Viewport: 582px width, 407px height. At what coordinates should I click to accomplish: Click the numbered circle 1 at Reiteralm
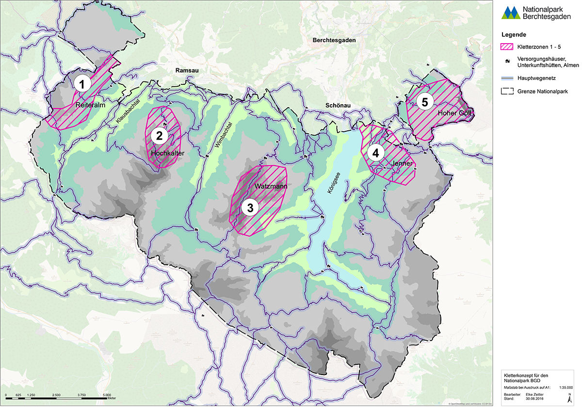point(82,83)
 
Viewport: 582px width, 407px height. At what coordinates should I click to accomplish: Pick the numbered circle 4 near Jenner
point(374,152)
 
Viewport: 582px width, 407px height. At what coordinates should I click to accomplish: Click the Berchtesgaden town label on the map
point(335,40)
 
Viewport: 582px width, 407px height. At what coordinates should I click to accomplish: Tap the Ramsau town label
point(187,71)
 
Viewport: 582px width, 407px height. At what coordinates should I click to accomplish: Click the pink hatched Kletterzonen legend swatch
point(506,47)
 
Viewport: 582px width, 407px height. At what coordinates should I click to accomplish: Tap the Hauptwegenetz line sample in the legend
point(506,77)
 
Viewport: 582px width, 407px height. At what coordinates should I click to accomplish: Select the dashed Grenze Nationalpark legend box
point(506,91)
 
